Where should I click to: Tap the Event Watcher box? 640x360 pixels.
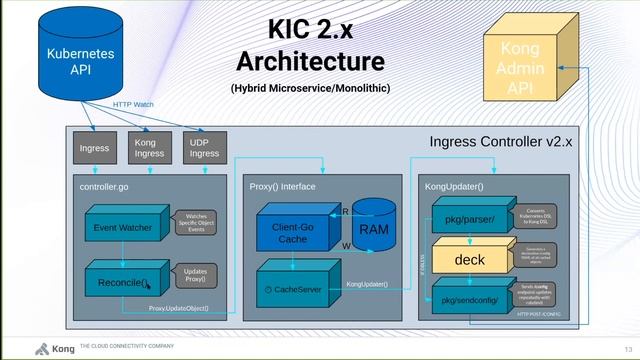click(x=122, y=228)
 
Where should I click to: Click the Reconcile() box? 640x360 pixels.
click(x=122, y=283)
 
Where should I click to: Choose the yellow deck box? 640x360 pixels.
click(x=469, y=260)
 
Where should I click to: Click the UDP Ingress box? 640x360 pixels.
click(x=205, y=148)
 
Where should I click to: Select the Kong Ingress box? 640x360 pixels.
click(x=149, y=148)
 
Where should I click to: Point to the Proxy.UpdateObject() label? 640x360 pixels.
click(x=179, y=308)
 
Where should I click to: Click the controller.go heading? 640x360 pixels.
click(x=105, y=187)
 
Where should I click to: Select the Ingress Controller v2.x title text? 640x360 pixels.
click(x=500, y=142)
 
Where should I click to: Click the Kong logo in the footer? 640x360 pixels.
click(x=42, y=349)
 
